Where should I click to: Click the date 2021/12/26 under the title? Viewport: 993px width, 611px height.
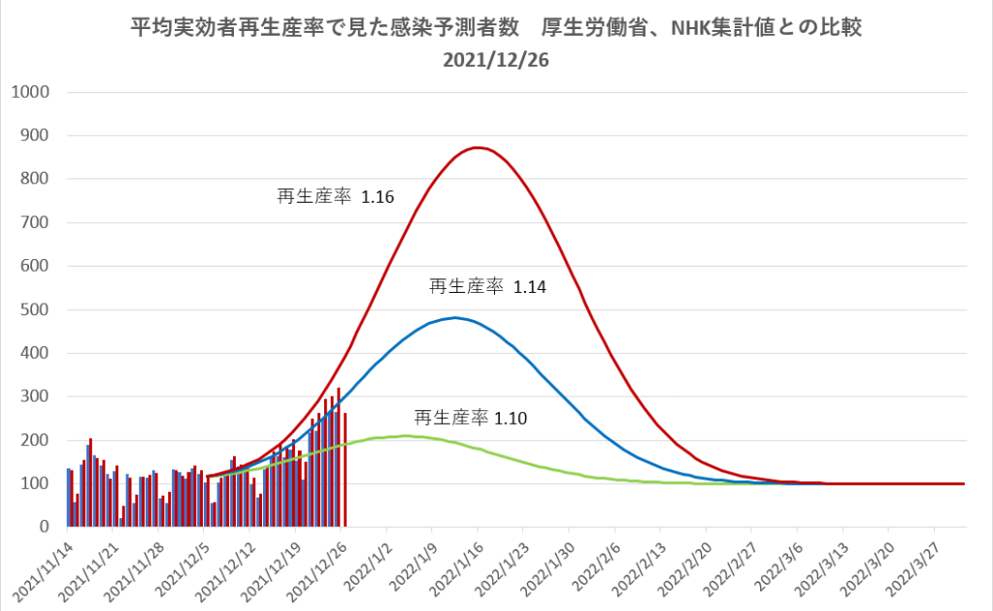point(496,59)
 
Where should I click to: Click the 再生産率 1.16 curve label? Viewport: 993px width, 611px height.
point(336,196)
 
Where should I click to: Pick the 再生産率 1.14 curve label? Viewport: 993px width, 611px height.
point(488,287)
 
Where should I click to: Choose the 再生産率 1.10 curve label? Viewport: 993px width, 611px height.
point(473,418)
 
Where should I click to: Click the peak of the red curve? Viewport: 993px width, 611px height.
point(477,147)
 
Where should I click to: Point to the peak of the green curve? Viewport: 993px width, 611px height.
point(403,436)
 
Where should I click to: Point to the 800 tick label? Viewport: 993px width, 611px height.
point(36,179)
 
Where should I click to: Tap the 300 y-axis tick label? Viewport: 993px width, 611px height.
point(36,397)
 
